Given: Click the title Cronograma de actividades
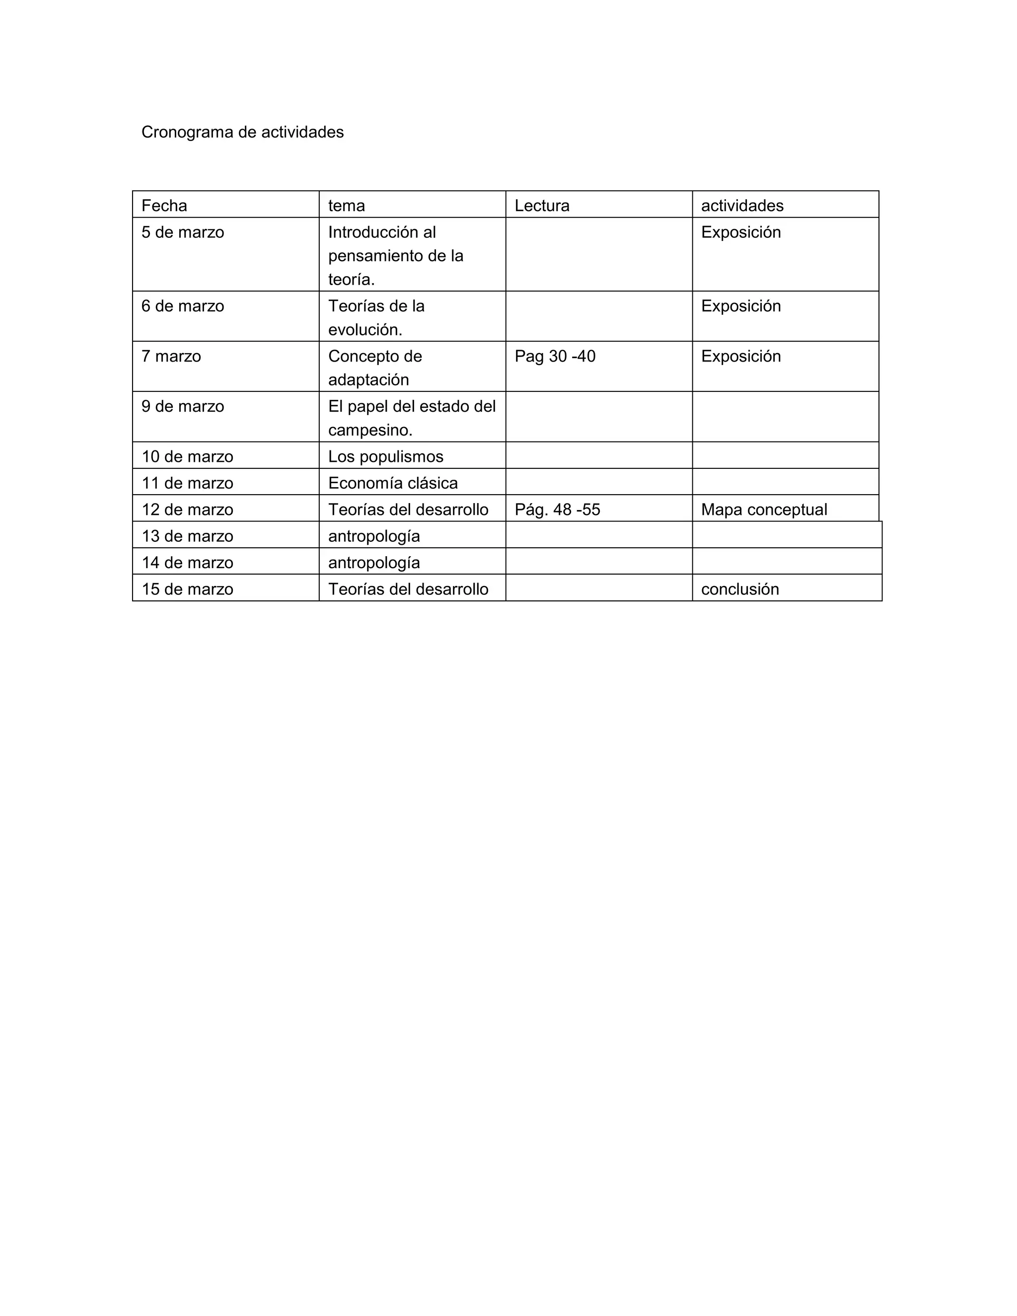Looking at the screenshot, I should point(242,132).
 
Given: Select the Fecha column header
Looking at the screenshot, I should point(164,206).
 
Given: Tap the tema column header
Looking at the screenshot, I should point(347,206).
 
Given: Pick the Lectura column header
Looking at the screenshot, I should point(542,206).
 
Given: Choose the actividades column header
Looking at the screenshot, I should point(742,206).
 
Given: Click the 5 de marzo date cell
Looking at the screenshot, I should point(183,232).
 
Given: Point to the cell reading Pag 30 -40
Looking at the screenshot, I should point(555,356).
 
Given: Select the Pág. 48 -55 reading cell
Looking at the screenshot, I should point(557,510).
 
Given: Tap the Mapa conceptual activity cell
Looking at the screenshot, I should point(764,510).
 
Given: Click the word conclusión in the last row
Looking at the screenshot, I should point(740,589).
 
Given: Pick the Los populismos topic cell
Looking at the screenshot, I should point(385,457).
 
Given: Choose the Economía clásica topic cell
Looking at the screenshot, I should point(393,483).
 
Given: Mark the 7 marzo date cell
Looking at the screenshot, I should point(171,356).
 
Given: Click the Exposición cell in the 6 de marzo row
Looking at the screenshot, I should point(740,306).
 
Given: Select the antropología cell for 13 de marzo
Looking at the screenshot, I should point(373,536).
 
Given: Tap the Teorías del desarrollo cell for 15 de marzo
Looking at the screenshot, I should point(408,589).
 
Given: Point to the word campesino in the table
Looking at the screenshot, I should point(370,430).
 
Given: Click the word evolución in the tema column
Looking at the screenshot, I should point(365,330).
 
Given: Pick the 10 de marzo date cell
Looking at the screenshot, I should point(187,457).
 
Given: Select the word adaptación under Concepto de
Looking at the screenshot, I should point(368,379).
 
